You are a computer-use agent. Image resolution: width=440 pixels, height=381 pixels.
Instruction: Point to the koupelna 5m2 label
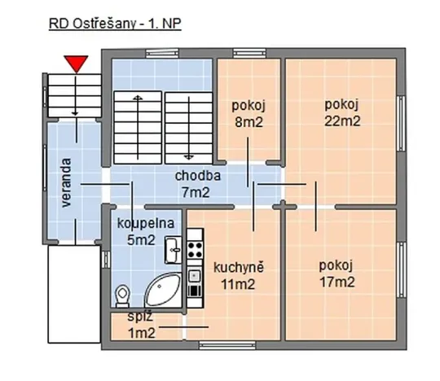point(135,232)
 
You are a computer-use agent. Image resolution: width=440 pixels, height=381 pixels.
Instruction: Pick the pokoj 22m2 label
point(341,112)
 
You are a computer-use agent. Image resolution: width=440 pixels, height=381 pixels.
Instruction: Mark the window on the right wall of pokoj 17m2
point(401,269)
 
